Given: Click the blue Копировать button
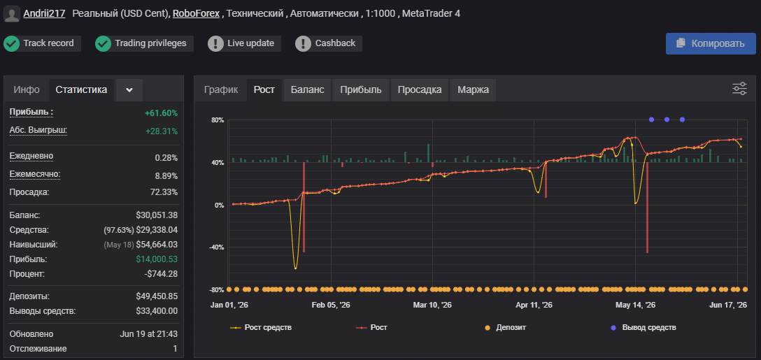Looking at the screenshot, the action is tap(711, 43).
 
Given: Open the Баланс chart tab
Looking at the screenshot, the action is tap(307, 89).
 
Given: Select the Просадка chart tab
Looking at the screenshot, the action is tap(420, 89).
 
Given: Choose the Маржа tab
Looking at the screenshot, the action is tap(474, 89).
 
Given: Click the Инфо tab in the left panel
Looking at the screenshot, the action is tap(27, 89).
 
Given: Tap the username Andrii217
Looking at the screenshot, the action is tap(44, 13).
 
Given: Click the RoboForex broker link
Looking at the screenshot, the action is tap(196, 13).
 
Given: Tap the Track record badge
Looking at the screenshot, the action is tap(42, 43).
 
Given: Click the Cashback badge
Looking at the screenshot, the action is tap(329, 43).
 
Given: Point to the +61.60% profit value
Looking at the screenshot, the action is tap(161, 113).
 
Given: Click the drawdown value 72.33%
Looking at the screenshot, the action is tap(164, 192).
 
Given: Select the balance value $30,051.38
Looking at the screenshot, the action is tap(157, 215).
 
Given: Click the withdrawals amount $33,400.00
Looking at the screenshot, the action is tap(157, 311).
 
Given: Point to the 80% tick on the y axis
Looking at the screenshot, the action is tap(218, 120).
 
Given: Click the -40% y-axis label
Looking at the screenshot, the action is tap(216, 247).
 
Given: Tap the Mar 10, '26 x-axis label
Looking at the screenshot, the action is tap(432, 305).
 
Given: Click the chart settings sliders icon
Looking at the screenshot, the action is tap(739, 89).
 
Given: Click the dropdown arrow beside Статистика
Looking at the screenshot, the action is tap(129, 90).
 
